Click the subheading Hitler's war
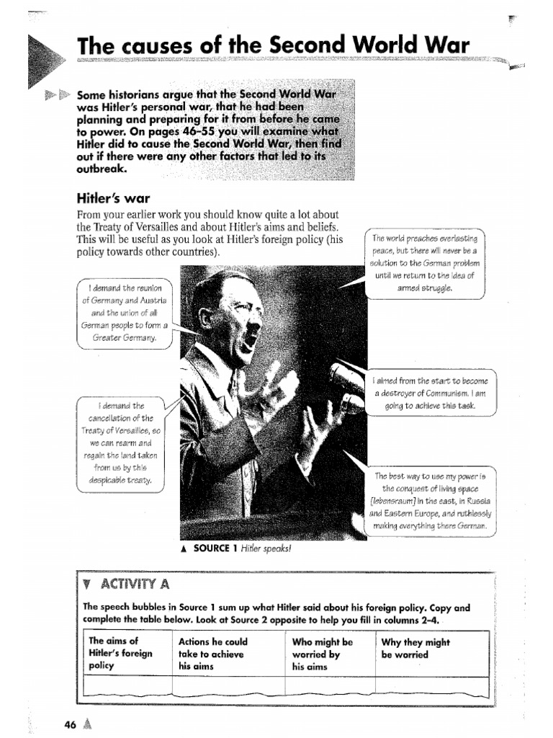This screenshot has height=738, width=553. (113, 197)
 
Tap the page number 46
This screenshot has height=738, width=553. (70, 724)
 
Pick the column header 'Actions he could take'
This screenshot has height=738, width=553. (212, 654)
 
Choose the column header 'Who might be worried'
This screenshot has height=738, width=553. (322, 654)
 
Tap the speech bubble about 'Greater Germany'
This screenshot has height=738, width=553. (124, 313)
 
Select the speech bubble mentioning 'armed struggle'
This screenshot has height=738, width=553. (425, 263)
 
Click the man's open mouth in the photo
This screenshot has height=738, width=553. (251, 337)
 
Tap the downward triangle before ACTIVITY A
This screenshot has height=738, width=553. (88, 583)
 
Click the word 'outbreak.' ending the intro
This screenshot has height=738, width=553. (102, 169)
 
